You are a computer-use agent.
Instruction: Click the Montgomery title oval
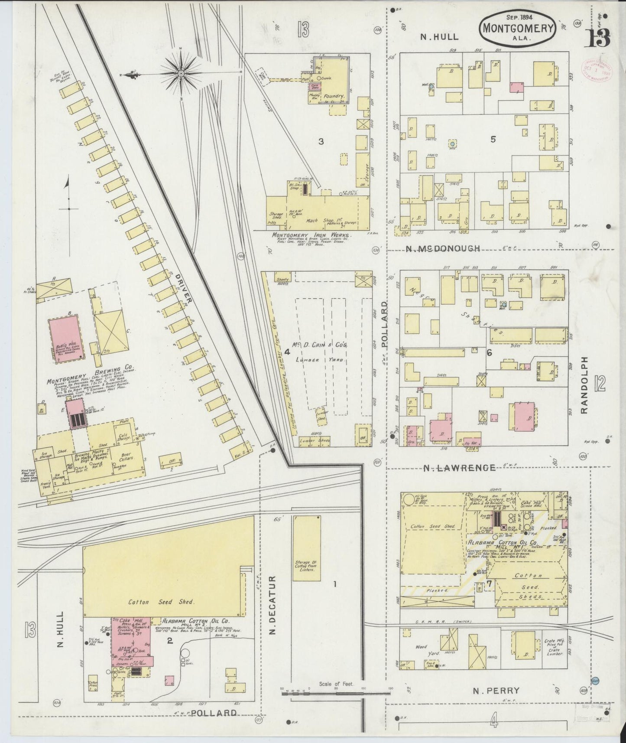[517, 27]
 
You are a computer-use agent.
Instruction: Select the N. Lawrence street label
[459, 468]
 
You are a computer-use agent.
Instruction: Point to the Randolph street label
[585, 386]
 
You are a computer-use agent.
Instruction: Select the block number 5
[493, 139]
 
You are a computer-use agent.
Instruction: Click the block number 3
[321, 141]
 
